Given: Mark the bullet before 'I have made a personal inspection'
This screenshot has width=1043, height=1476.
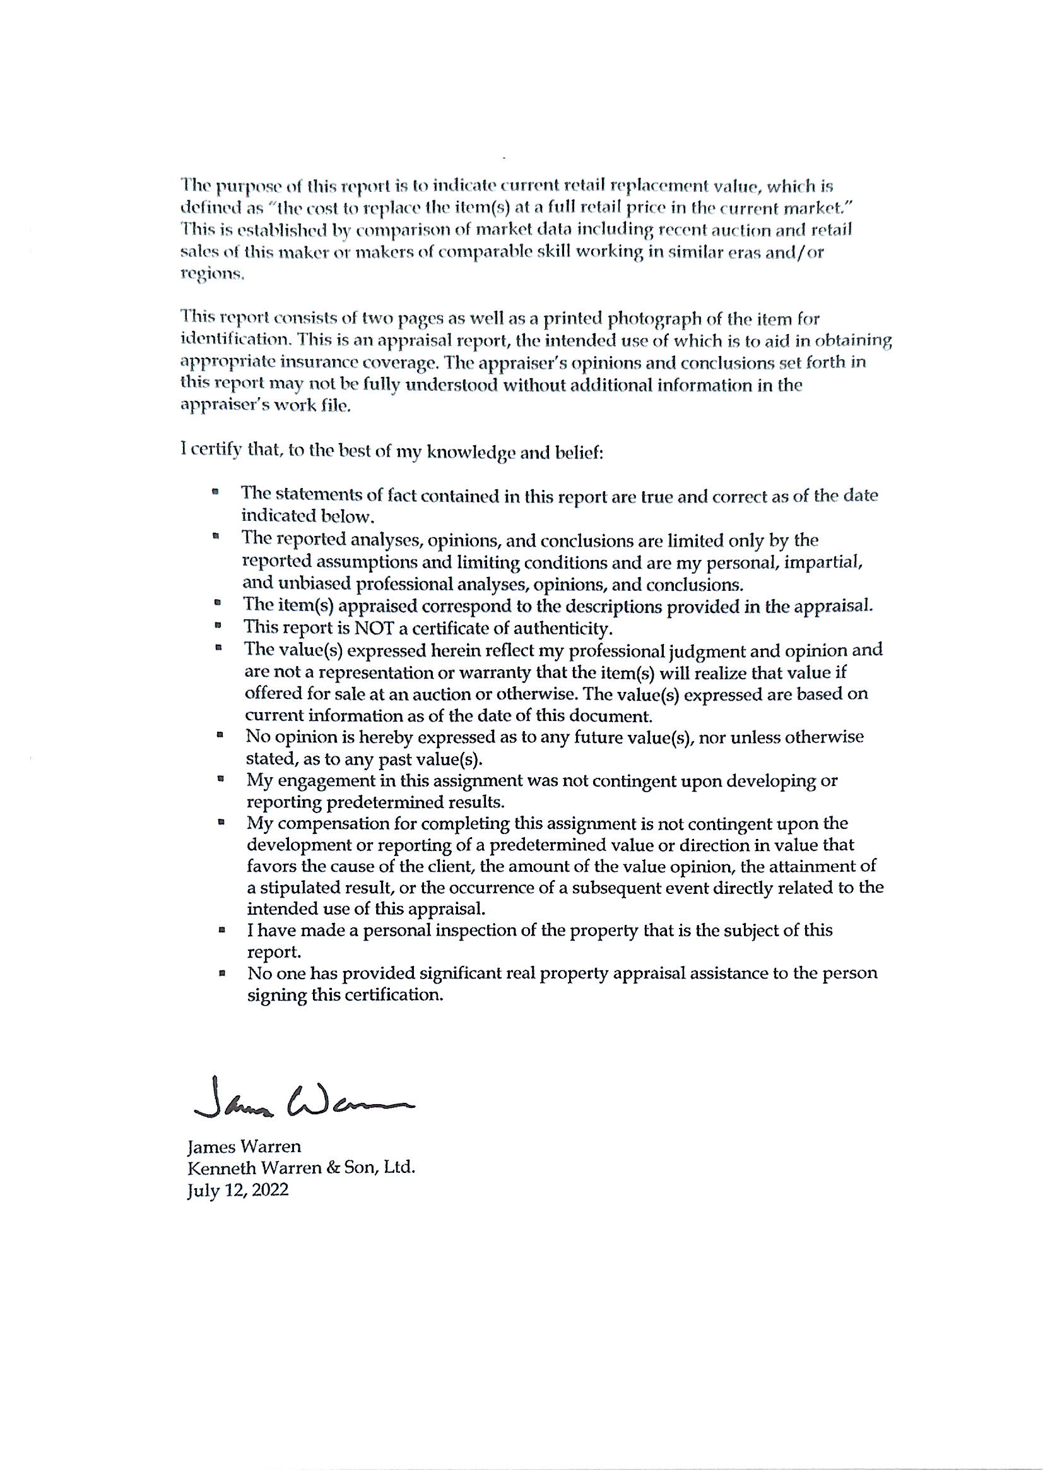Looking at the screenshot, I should [x=221, y=929].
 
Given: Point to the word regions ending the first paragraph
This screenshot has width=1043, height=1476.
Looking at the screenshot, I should [x=212, y=275].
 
